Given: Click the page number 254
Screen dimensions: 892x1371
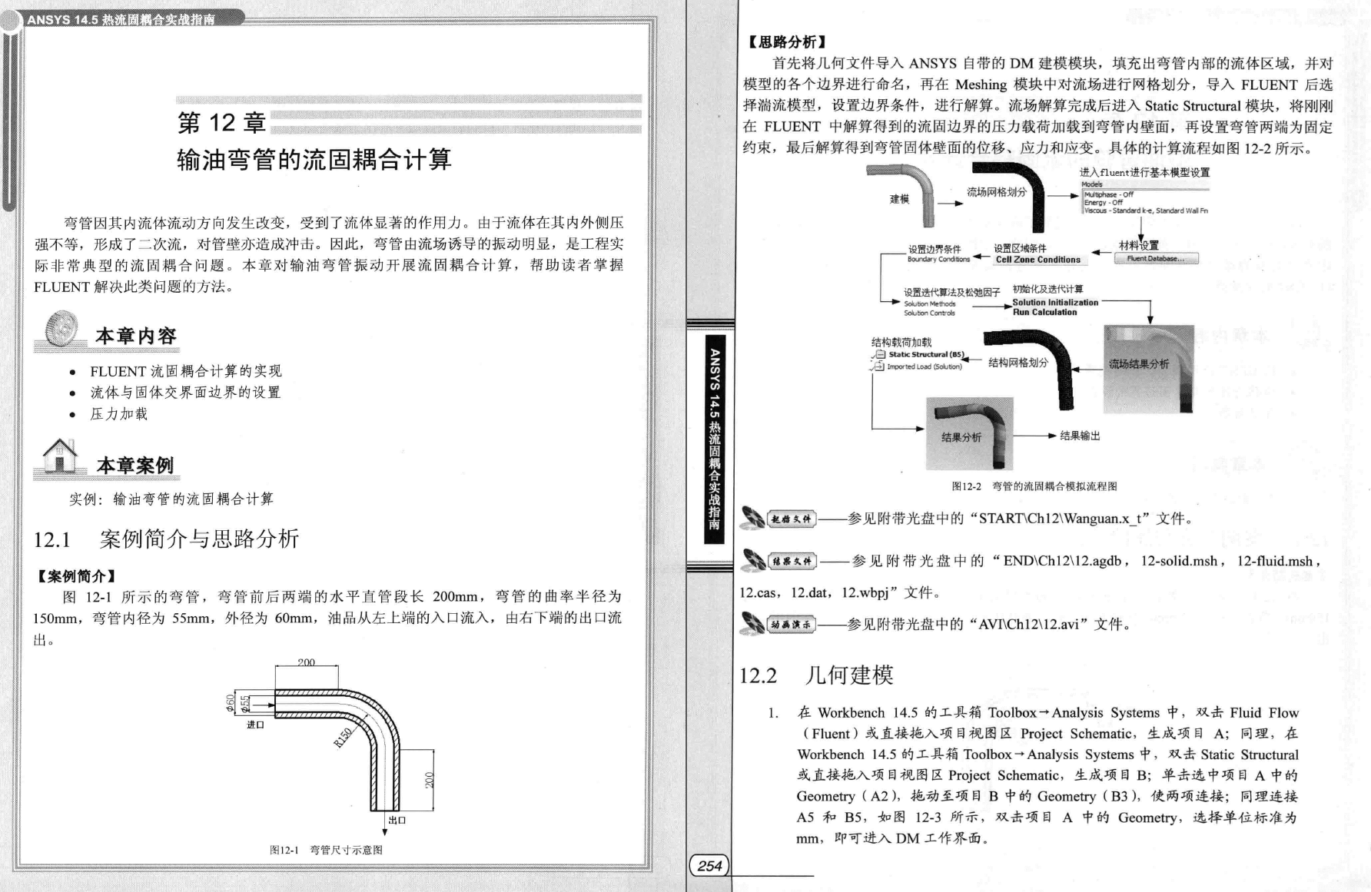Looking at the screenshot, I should tap(709, 866).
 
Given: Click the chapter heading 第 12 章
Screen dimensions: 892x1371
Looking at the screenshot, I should tap(222, 123).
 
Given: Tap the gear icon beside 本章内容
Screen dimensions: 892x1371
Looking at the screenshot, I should tap(61, 328).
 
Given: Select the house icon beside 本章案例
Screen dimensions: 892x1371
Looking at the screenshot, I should tap(60, 455).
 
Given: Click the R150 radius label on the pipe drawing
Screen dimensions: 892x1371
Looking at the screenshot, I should tap(343, 737).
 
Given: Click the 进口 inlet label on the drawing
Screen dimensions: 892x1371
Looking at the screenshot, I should tap(255, 725).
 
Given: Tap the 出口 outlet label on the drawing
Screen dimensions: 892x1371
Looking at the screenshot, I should tap(397, 820).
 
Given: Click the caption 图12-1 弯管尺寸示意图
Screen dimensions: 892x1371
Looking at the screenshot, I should tap(326, 850).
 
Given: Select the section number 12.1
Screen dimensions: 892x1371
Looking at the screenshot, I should tap(51, 540).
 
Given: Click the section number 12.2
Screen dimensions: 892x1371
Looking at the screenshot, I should tap(758, 676).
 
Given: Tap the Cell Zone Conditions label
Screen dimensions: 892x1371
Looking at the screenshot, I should tap(1037, 260).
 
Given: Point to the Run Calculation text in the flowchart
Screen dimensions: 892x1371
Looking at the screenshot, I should tap(1044, 313).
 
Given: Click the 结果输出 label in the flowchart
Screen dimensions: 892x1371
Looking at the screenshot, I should tap(1080, 436).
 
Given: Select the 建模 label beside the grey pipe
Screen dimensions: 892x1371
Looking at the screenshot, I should tap(899, 200).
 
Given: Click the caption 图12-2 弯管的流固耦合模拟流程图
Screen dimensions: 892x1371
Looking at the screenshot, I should tap(1034, 486).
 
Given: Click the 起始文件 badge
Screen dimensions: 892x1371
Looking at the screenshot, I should tap(792, 519).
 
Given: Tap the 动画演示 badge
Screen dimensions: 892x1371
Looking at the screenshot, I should tap(792, 625).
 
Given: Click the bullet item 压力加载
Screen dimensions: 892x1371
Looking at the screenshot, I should tap(118, 414).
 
